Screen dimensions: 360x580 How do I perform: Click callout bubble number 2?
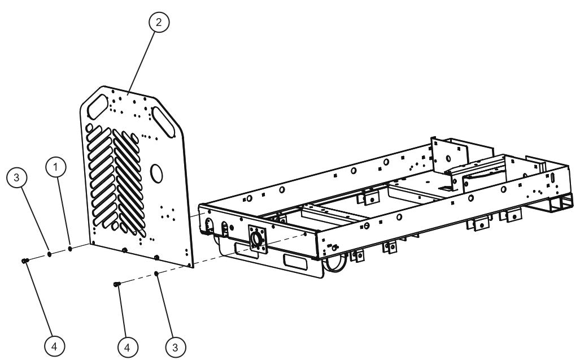point(159,22)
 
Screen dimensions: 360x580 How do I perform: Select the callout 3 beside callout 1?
point(17,177)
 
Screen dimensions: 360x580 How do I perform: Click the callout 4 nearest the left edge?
point(55,344)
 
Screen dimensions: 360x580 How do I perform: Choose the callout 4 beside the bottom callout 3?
point(128,344)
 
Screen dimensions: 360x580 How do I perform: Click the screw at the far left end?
point(24,261)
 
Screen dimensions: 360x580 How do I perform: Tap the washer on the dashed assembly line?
point(156,274)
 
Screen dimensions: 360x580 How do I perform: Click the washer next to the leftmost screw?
point(49,254)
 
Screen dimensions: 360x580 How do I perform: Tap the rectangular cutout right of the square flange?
point(298,262)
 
